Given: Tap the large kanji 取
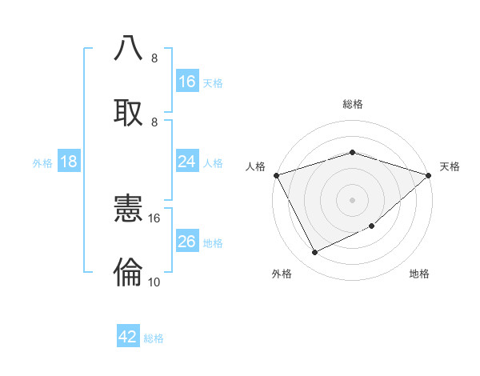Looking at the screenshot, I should coord(129,111).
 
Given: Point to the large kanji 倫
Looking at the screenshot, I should coord(129,274).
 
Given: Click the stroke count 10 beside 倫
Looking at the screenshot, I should coord(154,282).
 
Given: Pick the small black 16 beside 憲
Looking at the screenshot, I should coord(154,218).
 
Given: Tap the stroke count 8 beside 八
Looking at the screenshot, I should coord(154,58).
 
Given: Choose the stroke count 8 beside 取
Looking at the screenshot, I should coord(154,122).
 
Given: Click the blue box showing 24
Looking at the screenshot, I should coord(187,162).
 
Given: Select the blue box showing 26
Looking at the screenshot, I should coord(187,242).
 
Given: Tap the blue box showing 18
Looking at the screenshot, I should coord(69,162).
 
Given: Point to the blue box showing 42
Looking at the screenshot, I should coord(128,337).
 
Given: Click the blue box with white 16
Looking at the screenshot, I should coord(187,81).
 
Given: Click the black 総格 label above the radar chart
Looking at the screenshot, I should coord(352,104).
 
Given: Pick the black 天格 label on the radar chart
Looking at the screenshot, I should coord(450,166).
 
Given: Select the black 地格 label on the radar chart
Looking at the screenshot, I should coord(419,274).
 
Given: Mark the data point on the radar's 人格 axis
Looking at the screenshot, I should coord(276,175).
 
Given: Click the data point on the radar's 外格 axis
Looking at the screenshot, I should coord(314,253).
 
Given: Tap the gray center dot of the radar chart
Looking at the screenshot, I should coord(352,199).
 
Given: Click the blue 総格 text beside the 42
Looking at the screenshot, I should coord(154,338).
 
